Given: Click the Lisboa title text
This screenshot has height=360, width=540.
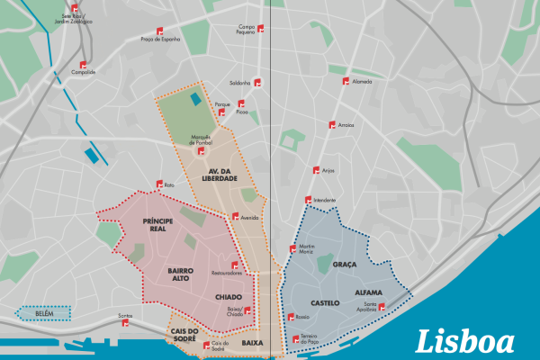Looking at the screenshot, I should (x=465, y=342).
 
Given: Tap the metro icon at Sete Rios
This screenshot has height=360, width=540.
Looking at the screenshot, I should (x=74, y=8).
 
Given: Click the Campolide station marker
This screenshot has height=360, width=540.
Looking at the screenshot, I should (x=84, y=65).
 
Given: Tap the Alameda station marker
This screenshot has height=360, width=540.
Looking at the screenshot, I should (x=346, y=80).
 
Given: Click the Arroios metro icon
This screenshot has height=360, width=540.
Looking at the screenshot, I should (x=332, y=124).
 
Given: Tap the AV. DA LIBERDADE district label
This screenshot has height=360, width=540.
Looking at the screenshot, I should (x=221, y=174).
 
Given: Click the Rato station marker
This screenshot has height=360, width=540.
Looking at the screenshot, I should (x=164, y=185).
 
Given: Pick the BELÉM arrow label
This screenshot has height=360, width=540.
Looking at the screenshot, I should (x=43, y=313).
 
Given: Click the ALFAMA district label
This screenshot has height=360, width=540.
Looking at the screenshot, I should (x=370, y=293).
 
